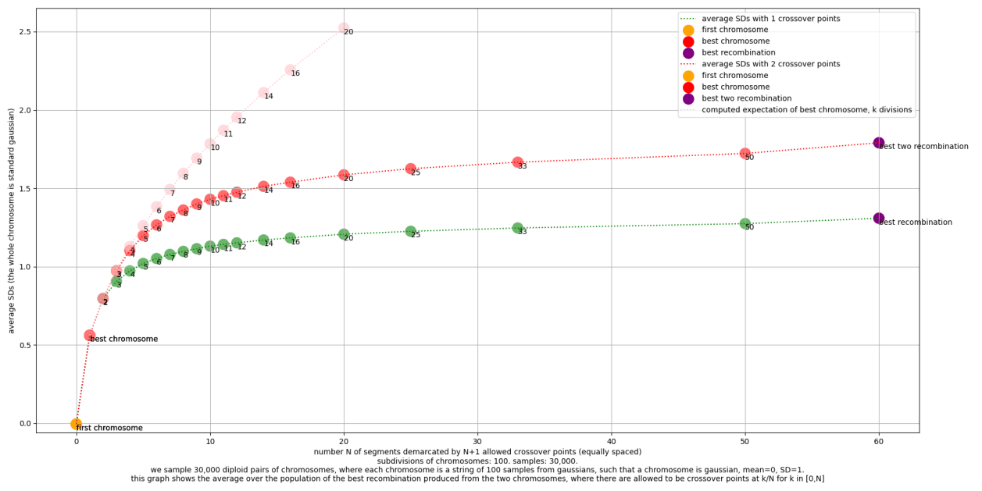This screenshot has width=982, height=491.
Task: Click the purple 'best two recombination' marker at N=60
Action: click(879, 143)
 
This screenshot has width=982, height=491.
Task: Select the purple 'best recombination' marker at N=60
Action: click(879, 219)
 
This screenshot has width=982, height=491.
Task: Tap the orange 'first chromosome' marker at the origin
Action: click(76, 424)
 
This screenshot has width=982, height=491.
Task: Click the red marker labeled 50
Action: click(745, 154)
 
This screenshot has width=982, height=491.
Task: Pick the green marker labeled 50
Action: click(745, 224)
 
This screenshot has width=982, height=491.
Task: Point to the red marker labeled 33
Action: click(517, 162)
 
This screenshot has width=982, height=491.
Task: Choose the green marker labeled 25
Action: click(410, 232)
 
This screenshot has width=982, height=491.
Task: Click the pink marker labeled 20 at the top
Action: click(344, 28)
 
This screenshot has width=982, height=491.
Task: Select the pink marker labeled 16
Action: click(290, 70)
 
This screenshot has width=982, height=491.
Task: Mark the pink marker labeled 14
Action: click(263, 93)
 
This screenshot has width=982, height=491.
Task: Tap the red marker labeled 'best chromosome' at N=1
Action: click(90, 335)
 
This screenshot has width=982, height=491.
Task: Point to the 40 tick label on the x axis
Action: click(611, 442)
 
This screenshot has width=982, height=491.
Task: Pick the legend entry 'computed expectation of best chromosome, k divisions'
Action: click(806, 110)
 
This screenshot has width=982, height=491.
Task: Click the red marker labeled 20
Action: click(344, 175)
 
